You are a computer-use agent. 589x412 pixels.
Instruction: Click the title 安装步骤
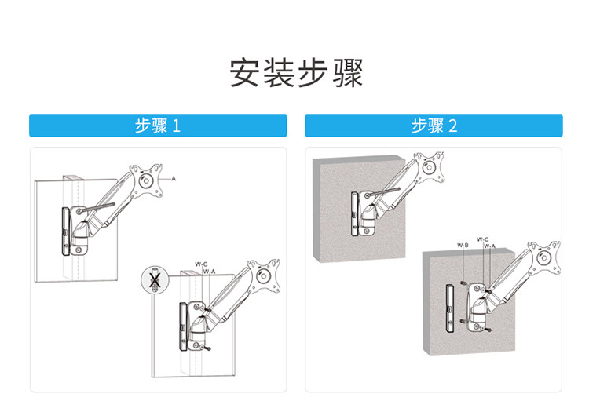(x=296, y=73)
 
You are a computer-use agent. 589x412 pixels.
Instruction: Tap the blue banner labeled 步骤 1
(x=158, y=126)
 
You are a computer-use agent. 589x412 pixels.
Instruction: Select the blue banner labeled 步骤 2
(x=434, y=126)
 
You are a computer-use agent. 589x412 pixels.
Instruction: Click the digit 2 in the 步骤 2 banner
(x=453, y=126)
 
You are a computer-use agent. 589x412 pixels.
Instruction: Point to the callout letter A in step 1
(x=174, y=179)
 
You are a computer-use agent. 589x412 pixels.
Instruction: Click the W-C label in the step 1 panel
(x=201, y=264)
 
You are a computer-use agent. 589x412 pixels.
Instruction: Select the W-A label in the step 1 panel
(x=209, y=272)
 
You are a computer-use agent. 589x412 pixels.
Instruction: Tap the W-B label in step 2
(x=463, y=246)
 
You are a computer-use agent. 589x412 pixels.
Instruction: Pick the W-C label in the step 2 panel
(x=483, y=239)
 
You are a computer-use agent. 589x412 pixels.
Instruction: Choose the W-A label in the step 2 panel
(x=489, y=246)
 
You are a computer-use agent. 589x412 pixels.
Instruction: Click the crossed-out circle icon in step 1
(x=155, y=280)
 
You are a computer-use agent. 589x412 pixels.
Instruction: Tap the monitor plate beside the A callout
(x=146, y=180)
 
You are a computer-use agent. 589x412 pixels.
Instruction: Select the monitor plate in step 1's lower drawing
(x=263, y=276)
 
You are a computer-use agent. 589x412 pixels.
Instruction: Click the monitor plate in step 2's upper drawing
(x=429, y=167)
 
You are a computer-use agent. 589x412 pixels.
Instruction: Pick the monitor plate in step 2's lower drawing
(x=544, y=257)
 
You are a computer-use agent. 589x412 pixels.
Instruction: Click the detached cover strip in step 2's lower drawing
(x=450, y=308)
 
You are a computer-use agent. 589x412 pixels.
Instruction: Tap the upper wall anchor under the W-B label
(x=463, y=282)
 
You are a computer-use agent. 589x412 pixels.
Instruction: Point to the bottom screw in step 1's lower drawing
(x=207, y=348)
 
